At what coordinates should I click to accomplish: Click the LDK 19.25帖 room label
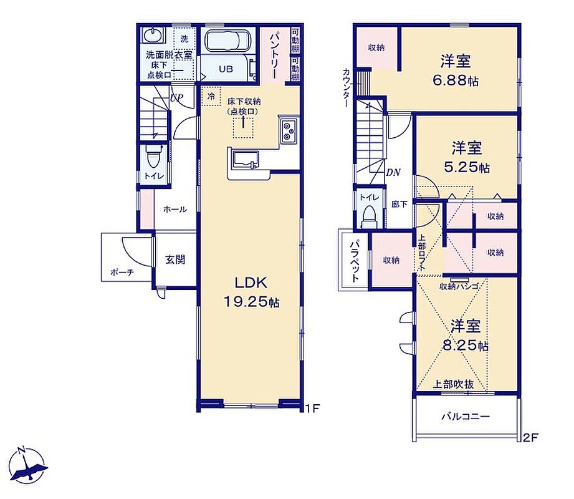pos(251,292)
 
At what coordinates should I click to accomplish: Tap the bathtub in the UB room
pos(227,41)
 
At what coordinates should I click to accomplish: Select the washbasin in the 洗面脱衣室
pos(152,36)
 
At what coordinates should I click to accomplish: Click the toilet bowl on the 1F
pos(153,157)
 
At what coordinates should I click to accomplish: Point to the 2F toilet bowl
pos(368,217)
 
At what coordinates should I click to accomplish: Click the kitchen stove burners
pos(289,131)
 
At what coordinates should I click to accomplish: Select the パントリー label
pos(275,56)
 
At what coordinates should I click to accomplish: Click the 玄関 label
pos(175,259)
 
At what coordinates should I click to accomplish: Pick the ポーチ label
pos(122,272)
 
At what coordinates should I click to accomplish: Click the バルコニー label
pos(466,417)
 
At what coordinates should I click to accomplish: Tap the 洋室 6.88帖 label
pos(456,70)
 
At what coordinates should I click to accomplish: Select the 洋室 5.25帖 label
pos(467,157)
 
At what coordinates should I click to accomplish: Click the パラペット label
pos(354,261)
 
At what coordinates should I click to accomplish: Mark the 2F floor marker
pos(530,438)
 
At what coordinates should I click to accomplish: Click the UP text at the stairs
pos(177,98)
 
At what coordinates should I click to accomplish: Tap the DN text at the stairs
pos(393,172)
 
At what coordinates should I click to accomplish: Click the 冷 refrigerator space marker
pos(211,96)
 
